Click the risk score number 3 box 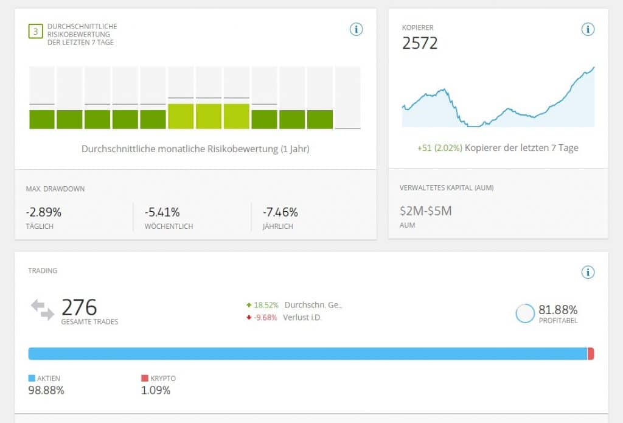(35, 30)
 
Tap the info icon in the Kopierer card (587, 29)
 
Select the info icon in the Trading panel (587, 272)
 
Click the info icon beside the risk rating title (356, 29)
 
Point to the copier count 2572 (420, 43)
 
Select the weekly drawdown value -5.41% (162, 212)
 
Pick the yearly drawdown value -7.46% (280, 212)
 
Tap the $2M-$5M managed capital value (425, 211)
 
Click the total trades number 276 (79, 307)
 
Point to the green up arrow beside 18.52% (248, 305)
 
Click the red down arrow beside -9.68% (248, 317)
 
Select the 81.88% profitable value (559, 309)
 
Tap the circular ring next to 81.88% (524, 313)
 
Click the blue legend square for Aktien (32, 378)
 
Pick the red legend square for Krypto (144, 378)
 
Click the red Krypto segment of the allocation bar (591, 354)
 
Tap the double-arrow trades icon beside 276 (43, 310)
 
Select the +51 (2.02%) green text (439, 148)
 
